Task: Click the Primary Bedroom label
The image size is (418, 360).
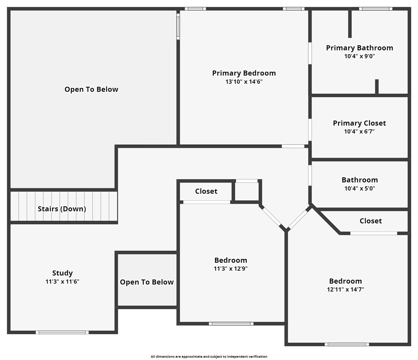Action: click(244, 73)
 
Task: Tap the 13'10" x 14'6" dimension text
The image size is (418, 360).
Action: click(244, 82)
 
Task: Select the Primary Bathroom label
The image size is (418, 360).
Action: click(360, 48)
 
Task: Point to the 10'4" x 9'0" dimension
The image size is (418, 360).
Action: click(360, 56)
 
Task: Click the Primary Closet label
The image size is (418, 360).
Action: click(360, 123)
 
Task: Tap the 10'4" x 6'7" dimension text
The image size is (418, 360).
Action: click(360, 132)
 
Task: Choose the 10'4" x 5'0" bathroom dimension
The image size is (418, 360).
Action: click(360, 189)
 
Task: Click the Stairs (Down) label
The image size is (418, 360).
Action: click(62, 209)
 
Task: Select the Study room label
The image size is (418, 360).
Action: click(62, 273)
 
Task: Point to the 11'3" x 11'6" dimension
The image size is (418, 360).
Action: click(62, 282)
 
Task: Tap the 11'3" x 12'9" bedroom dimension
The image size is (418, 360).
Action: click(231, 268)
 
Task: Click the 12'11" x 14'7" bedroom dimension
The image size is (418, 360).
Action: click(346, 289)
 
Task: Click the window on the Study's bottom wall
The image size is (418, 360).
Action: click(62, 332)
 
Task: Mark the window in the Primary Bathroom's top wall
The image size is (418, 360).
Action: click(376, 9)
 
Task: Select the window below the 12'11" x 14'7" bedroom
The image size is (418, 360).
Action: click(347, 344)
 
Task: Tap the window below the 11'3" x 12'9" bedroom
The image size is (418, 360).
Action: click(231, 324)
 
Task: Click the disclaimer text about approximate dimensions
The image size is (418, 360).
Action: click(209, 357)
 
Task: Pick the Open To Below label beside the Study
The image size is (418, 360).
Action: click(147, 282)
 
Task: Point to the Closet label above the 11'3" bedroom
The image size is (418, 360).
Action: click(206, 191)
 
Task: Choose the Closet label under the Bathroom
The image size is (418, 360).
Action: click(370, 221)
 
